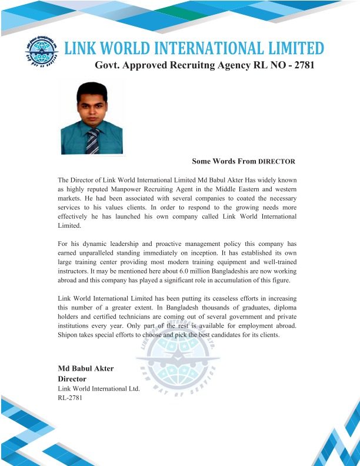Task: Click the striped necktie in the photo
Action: coord(92,141)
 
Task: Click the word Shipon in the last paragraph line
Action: coord(69,335)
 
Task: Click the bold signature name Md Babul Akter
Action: coord(85,368)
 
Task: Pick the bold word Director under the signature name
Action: coord(72,379)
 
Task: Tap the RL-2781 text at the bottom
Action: coord(69,398)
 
